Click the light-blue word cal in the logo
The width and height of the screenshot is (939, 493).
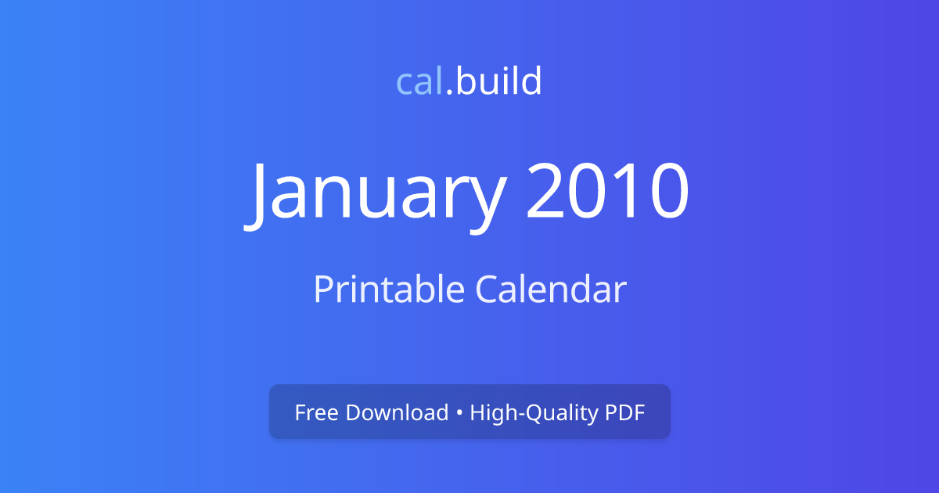pyautogui.click(x=419, y=81)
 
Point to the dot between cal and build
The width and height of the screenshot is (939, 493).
pyautogui.click(x=449, y=92)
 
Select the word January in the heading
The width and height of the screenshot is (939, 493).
pyautogui.click(x=375, y=196)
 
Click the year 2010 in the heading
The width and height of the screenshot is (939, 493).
pyautogui.click(x=608, y=191)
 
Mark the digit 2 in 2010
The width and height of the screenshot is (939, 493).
pyautogui.click(x=545, y=190)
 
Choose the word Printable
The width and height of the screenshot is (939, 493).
pyautogui.click(x=389, y=290)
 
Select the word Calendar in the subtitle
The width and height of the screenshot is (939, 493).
pyautogui.click(x=551, y=289)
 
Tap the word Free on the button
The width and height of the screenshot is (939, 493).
pyautogui.click(x=316, y=412)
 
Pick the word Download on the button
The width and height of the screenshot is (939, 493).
pyautogui.click(x=397, y=412)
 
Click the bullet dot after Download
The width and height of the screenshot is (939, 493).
pyautogui.click(x=459, y=413)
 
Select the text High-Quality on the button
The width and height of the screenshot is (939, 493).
pyautogui.click(x=534, y=413)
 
